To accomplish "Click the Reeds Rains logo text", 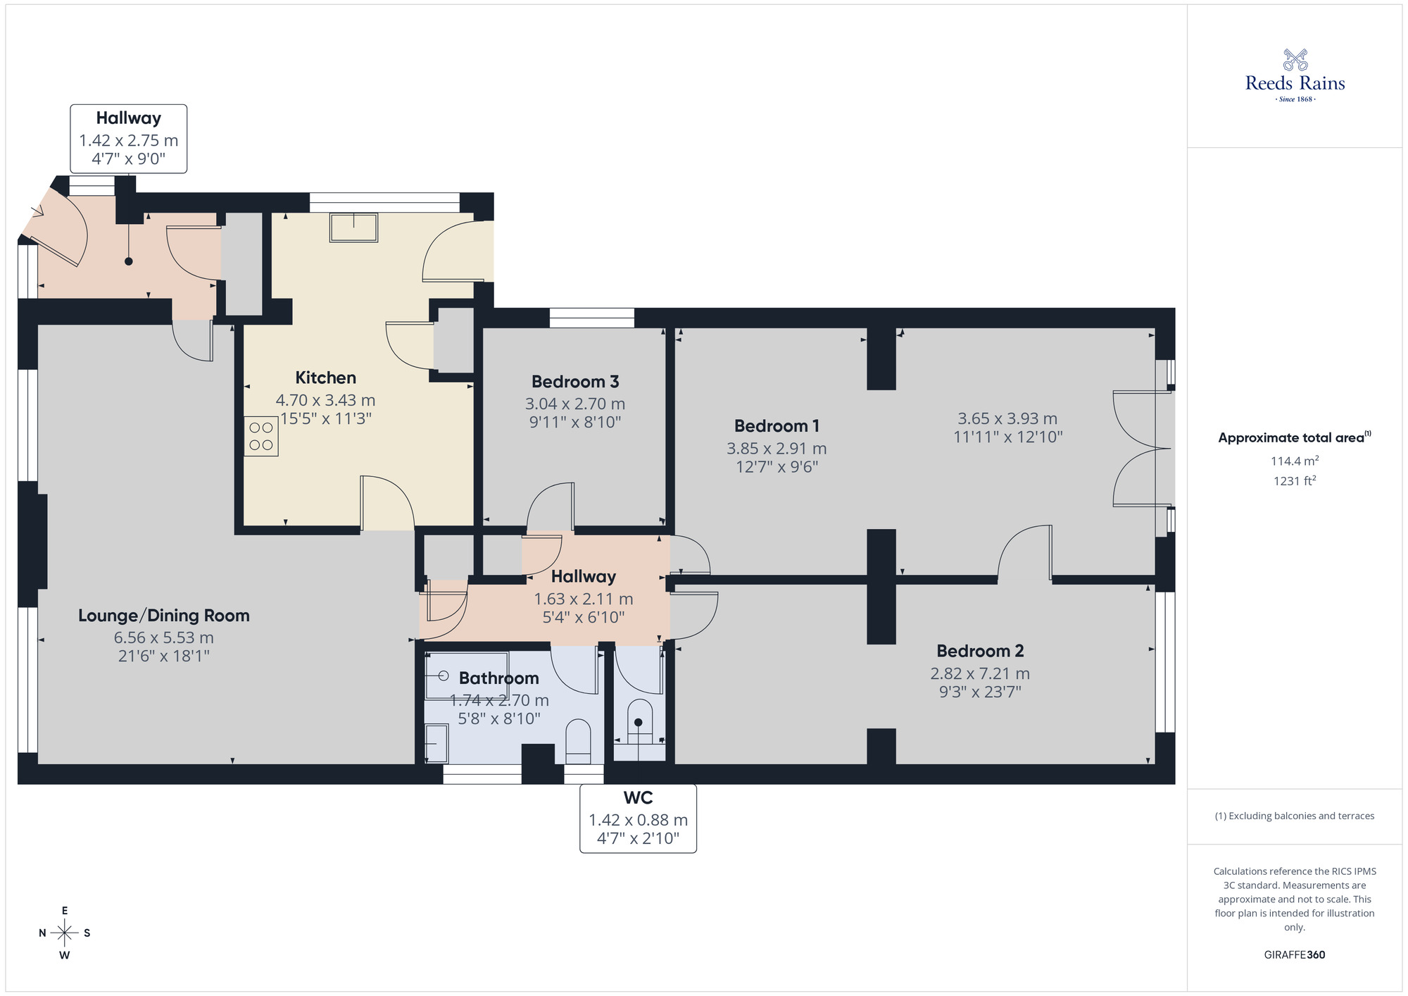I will pyautogui.click(x=1295, y=83).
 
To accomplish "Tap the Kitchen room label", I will pyautogui.click(x=325, y=378).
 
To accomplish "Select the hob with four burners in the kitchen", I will pyautogui.click(x=261, y=436).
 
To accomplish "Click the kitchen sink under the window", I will pyautogui.click(x=353, y=227).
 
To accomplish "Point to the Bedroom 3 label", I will pyautogui.click(x=575, y=382).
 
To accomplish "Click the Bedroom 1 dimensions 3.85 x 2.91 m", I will pyautogui.click(x=777, y=448).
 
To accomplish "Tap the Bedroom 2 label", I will pyautogui.click(x=980, y=651).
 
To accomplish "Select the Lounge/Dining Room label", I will pyautogui.click(x=163, y=616).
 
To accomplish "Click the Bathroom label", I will pyautogui.click(x=498, y=678).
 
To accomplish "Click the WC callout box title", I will pyautogui.click(x=638, y=798).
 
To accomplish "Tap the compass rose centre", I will pyautogui.click(x=65, y=933).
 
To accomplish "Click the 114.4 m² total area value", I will pyautogui.click(x=1295, y=461).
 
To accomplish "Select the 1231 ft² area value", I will pyautogui.click(x=1295, y=481).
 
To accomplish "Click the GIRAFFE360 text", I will pyautogui.click(x=1295, y=955).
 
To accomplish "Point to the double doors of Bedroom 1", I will pyautogui.click(x=1133, y=449).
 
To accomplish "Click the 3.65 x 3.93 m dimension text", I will pyautogui.click(x=1007, y=418).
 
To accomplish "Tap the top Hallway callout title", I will pyautogui.click(x=128, y=118).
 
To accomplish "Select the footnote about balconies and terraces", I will pyautogui.click(x=1295, y=816).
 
